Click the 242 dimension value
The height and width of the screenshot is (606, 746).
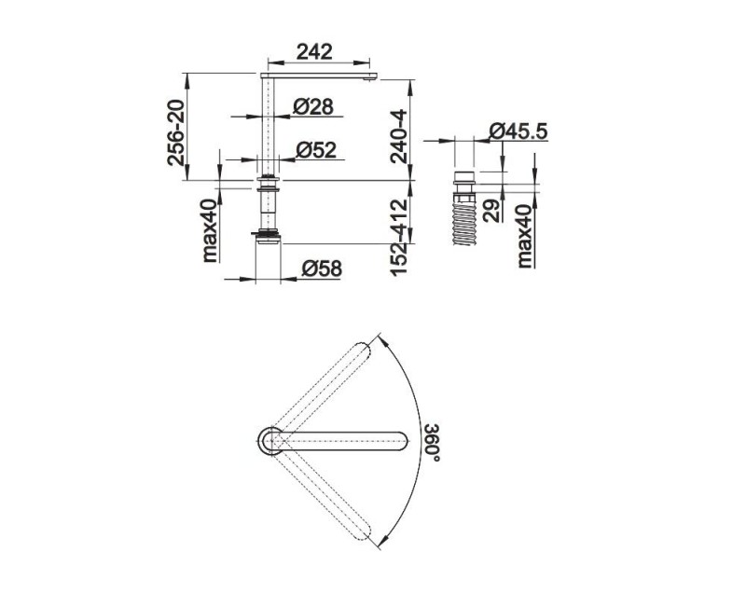click(x=314, y=51)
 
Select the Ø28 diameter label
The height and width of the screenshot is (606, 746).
click(x=312, y=106)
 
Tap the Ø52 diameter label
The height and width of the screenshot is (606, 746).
click(x=315, y=150)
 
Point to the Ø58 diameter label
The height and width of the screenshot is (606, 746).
click(x=322, y=269)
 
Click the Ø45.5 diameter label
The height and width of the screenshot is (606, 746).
click(x=518, y=131)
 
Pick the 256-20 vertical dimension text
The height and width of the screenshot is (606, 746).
click(x=176, y=132)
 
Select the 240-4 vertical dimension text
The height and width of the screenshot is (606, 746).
click(x=399, y=136)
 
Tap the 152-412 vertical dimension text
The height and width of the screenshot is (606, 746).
click(x=399, y=237)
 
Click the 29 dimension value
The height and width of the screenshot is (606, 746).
click(x=491, y=211)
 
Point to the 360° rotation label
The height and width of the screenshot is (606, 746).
click(x=433, y=442)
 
